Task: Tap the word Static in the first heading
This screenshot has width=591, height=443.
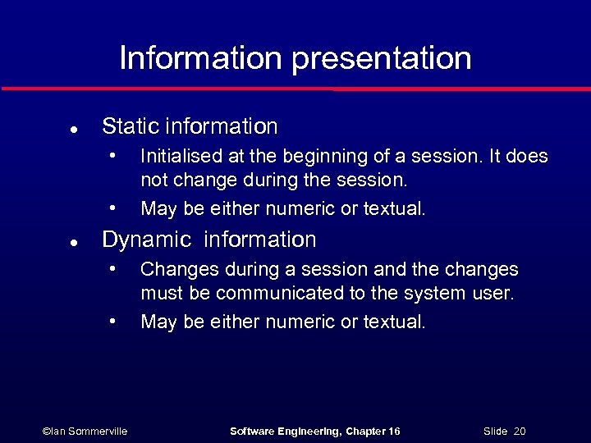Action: coord(131,126)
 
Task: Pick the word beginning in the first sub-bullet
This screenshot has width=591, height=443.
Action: coord(331,157)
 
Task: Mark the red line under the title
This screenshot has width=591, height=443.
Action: coord(295,89)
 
